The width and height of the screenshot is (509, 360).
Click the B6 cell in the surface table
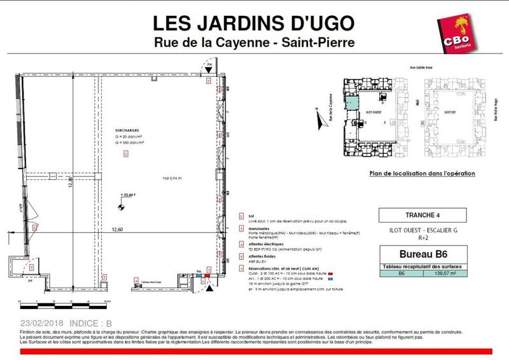pos(400,274)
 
